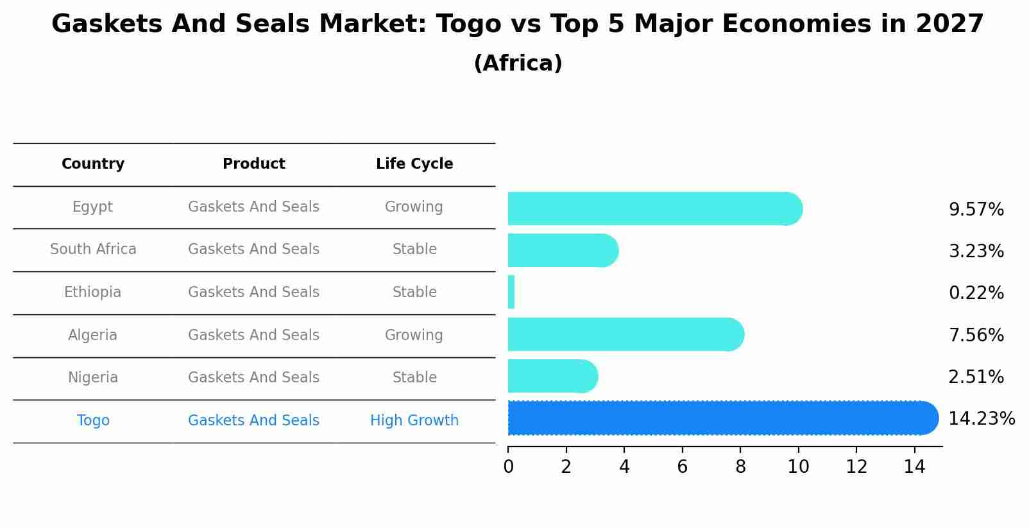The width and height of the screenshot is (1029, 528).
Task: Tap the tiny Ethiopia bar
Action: [511, 292]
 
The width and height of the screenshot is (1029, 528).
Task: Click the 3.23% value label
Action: [976, 251]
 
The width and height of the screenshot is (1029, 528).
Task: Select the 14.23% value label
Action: [981, 419]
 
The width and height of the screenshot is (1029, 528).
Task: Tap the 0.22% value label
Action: [976, 293]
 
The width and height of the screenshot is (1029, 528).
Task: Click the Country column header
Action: [93, 164]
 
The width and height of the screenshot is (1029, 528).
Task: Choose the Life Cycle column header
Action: [414, 164]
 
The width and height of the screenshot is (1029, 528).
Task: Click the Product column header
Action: [253, 164]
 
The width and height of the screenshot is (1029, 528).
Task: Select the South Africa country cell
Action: [93, 250]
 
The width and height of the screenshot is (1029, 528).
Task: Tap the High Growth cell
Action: [414, 421]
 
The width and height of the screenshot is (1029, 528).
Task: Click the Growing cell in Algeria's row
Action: [414, 336]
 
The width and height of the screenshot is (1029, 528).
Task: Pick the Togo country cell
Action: [93, 421]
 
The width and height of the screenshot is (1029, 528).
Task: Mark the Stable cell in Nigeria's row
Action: [414, 378]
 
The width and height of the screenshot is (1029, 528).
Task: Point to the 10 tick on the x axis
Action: [798, 467]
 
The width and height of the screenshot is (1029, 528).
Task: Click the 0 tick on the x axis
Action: [508, 467]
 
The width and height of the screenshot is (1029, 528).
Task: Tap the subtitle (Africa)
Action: [518, 64]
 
